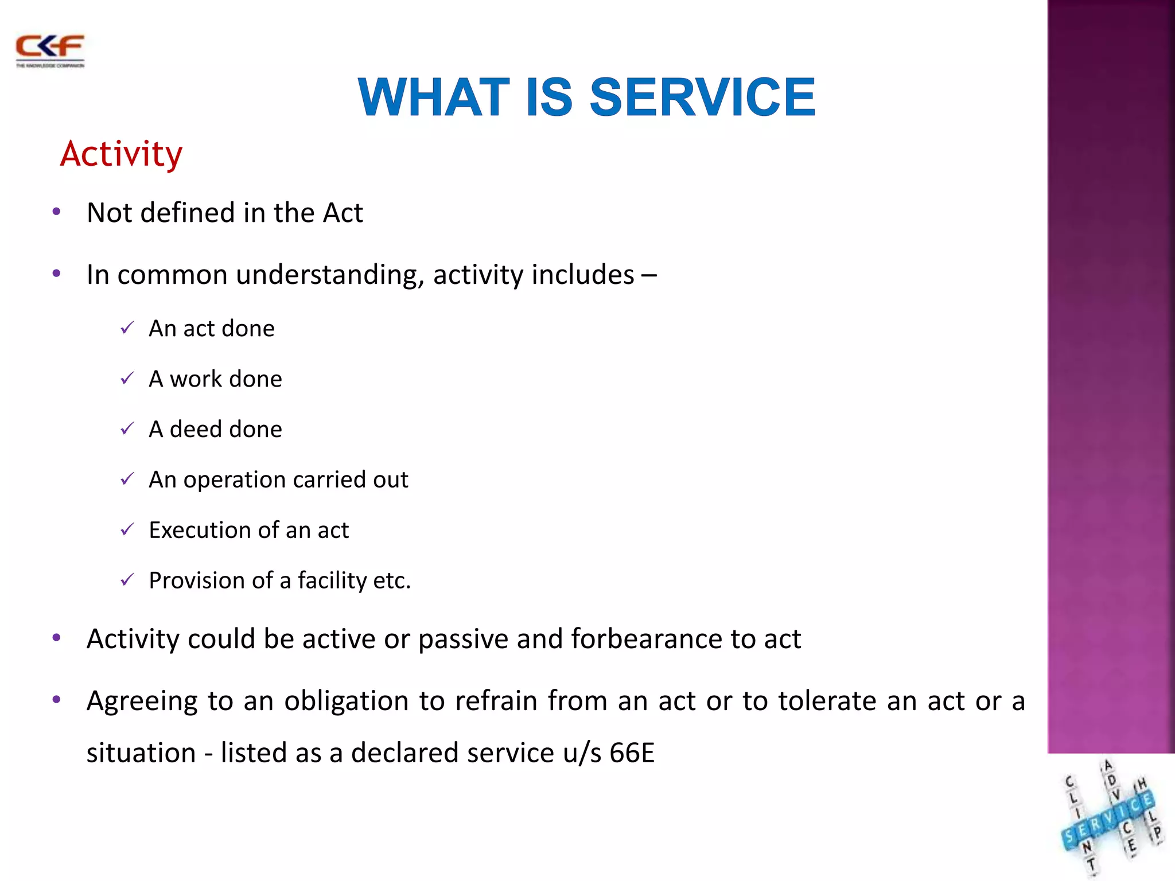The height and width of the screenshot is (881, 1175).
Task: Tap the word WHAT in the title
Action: coord(434,97)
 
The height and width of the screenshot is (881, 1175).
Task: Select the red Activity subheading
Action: coord(121,154)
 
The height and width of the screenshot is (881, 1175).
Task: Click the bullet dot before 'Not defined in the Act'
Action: coord(56,212)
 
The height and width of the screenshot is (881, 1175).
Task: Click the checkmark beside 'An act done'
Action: coord(127,328)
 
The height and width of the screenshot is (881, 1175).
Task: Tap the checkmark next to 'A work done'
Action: coord(127,378)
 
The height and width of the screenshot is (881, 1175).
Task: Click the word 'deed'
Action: coord(195,429)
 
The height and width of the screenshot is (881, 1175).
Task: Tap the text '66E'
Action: coord(632,753)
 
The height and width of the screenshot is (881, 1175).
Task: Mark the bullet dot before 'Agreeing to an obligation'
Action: coord(56,700)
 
